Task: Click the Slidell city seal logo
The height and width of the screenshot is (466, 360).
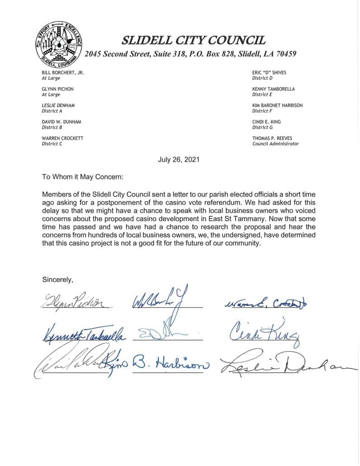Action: (x=57, y=45)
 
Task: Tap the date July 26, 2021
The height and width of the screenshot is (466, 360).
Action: (x=178, y=160)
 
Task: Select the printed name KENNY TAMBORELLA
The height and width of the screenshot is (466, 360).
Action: (x=274, y=89)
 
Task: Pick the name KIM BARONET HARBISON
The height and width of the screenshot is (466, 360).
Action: (x=278, y=105)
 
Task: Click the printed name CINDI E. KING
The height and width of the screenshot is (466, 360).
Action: (x=267, y=122)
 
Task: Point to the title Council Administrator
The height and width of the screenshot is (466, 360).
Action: (x=275, y=144)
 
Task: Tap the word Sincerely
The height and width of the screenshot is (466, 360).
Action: (x=57, y=280)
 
